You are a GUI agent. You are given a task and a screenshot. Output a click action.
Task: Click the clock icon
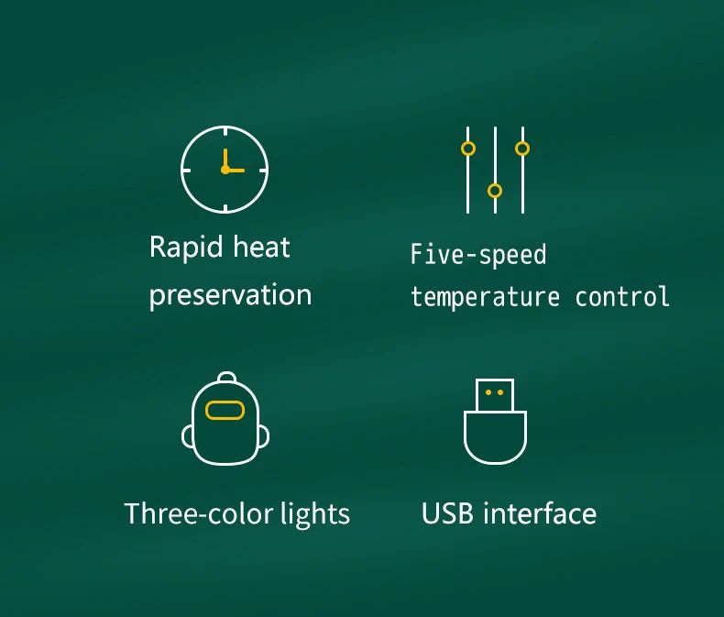225,170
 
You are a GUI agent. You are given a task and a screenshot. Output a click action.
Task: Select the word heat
261,248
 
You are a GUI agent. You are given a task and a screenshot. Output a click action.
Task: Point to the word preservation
230,295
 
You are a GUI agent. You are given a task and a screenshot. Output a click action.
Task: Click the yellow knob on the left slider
468,149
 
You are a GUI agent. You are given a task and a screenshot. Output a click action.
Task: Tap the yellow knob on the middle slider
495,191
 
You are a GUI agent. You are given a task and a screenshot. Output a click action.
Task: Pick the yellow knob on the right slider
522,148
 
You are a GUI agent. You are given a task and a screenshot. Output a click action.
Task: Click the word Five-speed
477,254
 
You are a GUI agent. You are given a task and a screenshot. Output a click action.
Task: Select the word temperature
485,297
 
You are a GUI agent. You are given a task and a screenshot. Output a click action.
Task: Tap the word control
622,297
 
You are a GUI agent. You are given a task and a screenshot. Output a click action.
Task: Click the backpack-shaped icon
226,421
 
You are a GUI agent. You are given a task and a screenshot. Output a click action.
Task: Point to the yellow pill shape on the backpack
225,410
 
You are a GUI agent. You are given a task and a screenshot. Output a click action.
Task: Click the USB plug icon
495,422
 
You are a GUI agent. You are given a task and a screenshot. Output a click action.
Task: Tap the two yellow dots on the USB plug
495,392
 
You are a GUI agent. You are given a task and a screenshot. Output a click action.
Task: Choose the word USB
448,513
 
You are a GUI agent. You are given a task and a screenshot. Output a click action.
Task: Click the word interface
540,513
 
